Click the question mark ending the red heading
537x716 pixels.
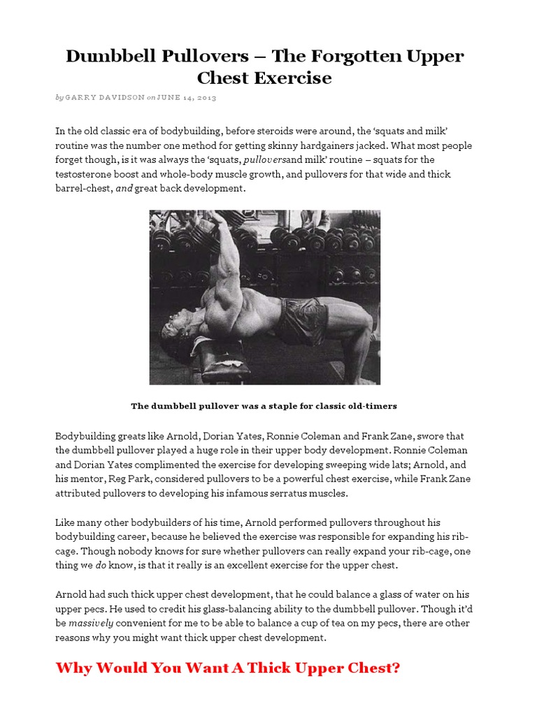(396, 668)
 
